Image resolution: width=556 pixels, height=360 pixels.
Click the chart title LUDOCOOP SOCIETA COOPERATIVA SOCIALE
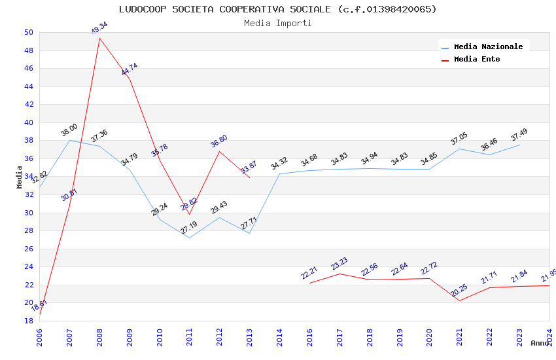pyautogui.click(x=277, y=9)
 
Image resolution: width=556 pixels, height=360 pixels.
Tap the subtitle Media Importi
pyautogui.click(x=277, y=23)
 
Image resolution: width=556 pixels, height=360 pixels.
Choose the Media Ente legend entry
pyautogui.click(x=477, y=59)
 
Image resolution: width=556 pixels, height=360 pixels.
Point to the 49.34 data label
pyautogui.click(x=99, y=28)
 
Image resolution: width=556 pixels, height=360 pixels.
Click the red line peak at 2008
pyautogui.click(x=99, y=38)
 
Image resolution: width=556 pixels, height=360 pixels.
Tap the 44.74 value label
pyautogui.click(x=130, y=69)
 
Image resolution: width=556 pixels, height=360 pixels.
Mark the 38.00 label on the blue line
pyautogui.click(x=69, y=130)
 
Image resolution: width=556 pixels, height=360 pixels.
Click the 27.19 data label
pyautogui.click(x=189, y=228)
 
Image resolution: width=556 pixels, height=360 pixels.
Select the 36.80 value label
pyautogui.click(x=219, y=141)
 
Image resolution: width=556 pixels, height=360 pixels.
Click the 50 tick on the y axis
pyautogui.click(x=28, y=32)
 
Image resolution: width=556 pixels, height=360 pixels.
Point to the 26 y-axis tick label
pyautogui.click(x=28, y=249)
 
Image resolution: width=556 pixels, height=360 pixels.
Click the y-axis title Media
pyautogui.click(x=20, y=177)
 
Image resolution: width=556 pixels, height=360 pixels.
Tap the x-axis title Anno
pyautogui.click(x=540, y=343)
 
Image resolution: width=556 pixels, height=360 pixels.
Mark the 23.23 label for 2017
pyautogui.click(x=339, y=263)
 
